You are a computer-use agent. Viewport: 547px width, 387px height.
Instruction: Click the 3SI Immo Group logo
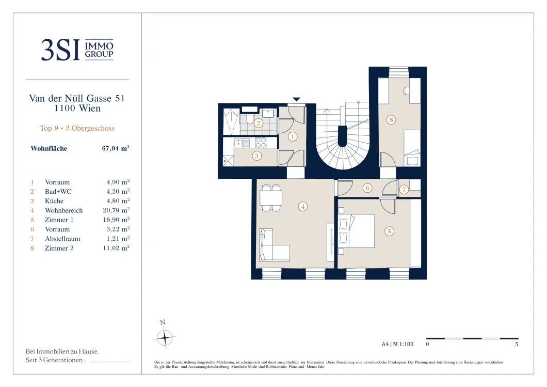point(77,50)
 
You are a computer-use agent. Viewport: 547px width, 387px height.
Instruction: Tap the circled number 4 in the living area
point(302,207)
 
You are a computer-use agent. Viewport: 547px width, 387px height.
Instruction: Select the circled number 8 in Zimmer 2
point(391,120)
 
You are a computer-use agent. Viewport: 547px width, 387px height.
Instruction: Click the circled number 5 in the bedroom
point(389,231)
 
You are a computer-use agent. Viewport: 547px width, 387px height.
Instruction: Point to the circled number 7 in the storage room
point(404,190)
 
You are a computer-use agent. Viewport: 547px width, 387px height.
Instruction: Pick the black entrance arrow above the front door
point(296,99)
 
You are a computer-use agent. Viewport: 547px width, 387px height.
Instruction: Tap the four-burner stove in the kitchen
point(261,143)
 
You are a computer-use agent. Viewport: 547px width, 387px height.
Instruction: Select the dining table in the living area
point(271,198)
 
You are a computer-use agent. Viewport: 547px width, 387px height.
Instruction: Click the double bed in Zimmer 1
point(356,231)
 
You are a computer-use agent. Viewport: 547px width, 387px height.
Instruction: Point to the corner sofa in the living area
point(274,245)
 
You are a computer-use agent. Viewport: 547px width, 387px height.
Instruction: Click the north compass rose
point(164,337)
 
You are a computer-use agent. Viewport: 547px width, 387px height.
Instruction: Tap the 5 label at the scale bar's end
point(517,344)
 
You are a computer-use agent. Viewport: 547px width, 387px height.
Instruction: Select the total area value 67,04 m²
point(116,148)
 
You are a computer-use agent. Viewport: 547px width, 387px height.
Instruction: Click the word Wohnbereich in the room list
point(64,210)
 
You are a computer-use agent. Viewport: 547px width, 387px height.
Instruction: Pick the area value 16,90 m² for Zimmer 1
point(116,220)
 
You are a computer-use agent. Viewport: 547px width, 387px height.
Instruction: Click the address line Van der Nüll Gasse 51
point(77,98)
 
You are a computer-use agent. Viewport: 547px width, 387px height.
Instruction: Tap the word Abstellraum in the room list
point(62,239)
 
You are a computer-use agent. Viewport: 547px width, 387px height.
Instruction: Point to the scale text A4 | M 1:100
point(397,344)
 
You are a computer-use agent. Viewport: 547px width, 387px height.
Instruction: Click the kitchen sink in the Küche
point(238,143)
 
